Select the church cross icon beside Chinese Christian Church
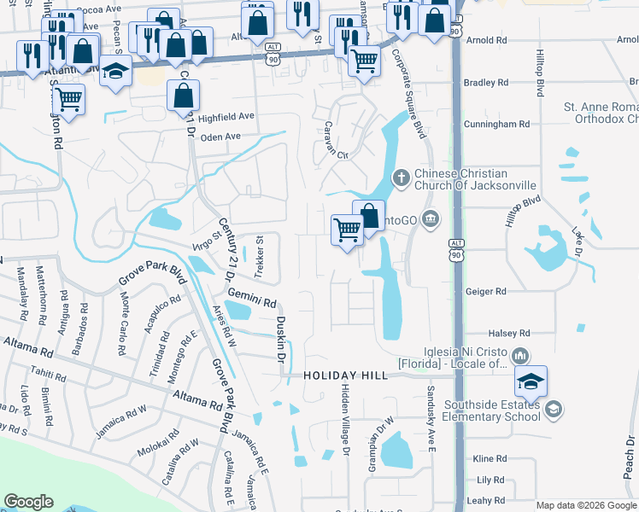click(x=401, y=178)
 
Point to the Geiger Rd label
click(x=486, y=292)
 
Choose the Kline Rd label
click(x=489, y=459)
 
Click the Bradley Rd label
click(x=485, y=83)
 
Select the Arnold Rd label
click(x=487, y=40)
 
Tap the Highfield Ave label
click(x=226, y=117)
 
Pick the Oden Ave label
click(x=220, y=137)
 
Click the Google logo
click(x=29, y=502)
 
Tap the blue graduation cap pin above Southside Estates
click(x=531, y=381)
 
